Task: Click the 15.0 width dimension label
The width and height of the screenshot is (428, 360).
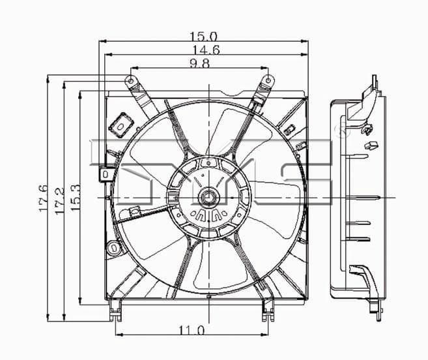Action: (203, 36)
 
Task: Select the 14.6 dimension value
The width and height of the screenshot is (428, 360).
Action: (207, 50)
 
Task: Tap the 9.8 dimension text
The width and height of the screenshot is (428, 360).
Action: (199, 64)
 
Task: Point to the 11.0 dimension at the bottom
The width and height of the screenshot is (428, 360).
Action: (192, 331)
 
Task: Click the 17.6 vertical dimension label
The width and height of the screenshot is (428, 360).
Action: (43, 199)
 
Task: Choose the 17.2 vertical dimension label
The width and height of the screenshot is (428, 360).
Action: (59, 201)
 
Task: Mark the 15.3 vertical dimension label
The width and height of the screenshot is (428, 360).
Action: (75, 197)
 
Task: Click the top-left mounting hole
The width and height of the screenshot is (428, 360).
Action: (131, 81)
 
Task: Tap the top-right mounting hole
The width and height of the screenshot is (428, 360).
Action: (268, 80)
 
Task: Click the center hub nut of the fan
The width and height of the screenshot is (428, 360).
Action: (209, 197)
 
